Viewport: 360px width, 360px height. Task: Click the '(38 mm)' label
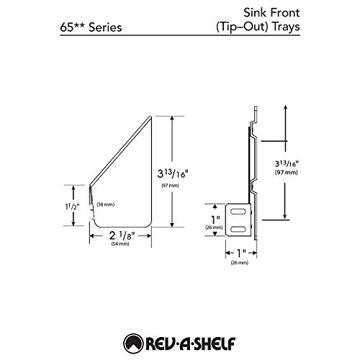click(x=105, y=204)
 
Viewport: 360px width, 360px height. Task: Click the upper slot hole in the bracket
click(x=238, y=212)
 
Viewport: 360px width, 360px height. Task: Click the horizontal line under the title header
click(x=180, y=39)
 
